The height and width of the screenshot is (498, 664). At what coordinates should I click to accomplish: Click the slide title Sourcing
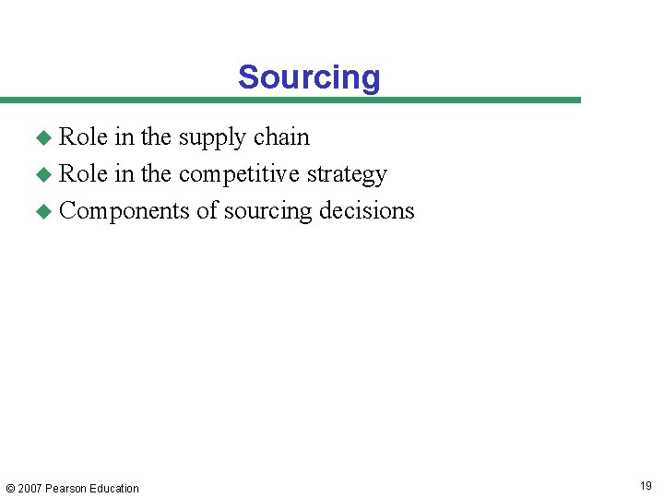pyautogui.click(x=309, y=77)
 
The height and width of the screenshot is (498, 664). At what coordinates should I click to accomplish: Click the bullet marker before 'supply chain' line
pyautogui.click(x=42, y=138)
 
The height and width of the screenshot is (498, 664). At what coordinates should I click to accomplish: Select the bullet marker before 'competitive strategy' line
pyautogui.click(x=42, y=175)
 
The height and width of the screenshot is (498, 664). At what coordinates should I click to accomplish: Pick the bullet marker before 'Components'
pyautogui.click(x=42, y=212)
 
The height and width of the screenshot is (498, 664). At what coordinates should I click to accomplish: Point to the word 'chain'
pyautogui.click(x=281, y=136)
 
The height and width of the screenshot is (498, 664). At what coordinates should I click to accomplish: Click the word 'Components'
pyautogui.click(x=125, y=211)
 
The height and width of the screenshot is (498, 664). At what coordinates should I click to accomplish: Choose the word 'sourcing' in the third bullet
pyautogui.click(x=267, y=212)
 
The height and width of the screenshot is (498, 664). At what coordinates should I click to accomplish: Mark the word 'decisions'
pyautogui.click(x=367, y=210)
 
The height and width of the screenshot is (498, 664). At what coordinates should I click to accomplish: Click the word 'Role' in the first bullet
pyautogui.click(x=83, y=136)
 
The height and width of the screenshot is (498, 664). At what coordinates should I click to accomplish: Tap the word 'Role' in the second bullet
pyautogui.click(x=83, y=173)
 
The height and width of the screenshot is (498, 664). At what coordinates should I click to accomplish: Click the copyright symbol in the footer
pyautogui.click(x=10, y=489)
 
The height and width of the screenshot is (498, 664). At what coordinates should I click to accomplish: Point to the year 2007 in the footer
pyautogui.click(x=30, y=489)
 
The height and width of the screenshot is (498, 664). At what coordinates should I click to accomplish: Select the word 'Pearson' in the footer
pyautogui.click(x=66, y=489)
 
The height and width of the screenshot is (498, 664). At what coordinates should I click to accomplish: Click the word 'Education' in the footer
pyautogui.click(x=114, y=489)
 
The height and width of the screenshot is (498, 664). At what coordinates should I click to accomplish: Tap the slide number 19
pyautogui.click(x=645, y=486)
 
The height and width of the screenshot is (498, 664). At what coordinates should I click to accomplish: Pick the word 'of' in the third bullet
pyautogui.click(x=206, y=210)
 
